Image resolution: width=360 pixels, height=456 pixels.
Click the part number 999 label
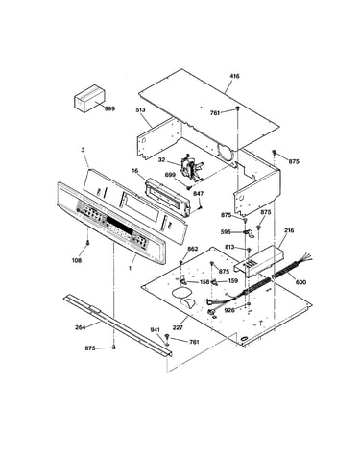pyautogui.click(x=109, y=108)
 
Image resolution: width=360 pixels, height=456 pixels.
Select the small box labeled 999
pyautogui.click(x=89, y=98)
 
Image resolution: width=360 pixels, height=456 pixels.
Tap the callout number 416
pyautogui.click(x=234, y=76)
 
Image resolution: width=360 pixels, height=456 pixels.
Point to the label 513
pyautogui.click(x=140, y=110)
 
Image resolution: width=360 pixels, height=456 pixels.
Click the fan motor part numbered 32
pyautogui.click(x=191, y=167)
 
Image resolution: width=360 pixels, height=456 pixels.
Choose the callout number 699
pyautogui.click(x=170, y=175)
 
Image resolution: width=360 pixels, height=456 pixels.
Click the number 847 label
pyautogui.click(x=199, y=194)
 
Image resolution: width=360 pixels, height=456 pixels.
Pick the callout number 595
pyautogui.click(x=226, y=232)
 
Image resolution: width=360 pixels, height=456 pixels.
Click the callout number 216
pyautogui.click(x=289, y=230)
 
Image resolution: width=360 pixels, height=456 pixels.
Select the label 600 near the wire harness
pyautogui.click(x=301, y=282)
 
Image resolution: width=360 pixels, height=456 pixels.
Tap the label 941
pyautogui.click(x=156, y=330)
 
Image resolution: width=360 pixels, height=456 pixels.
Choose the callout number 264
pyautogui.click(x=81, y=327)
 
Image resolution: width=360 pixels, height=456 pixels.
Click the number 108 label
pyautogui.click(x=76, y=260)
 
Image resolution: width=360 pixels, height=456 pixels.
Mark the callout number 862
pyautogui.click(x=193, y=249)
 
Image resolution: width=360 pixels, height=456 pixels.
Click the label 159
pyautogui.click(x=233, y=281)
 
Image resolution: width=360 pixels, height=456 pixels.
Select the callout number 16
pyautogui.click(x=135, y=171)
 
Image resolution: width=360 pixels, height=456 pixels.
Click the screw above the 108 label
pyautogui.click(x=87, y=245)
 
